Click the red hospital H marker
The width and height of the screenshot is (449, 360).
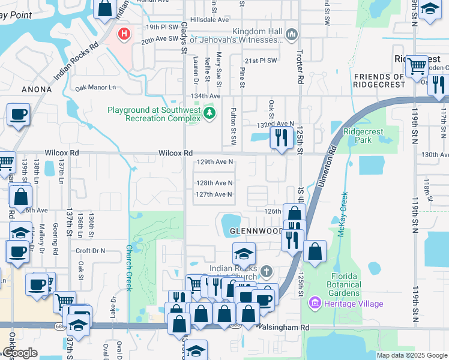click(x=124, y=34)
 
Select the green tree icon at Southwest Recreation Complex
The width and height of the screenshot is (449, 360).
click(x=209, y=112)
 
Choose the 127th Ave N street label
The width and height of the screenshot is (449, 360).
click(x=214, y=194)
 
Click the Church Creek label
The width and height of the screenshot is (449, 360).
click(x=129, y=268)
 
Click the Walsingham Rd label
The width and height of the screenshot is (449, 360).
click(x=282, y=328)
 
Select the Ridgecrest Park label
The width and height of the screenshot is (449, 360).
click(x=362, y=136)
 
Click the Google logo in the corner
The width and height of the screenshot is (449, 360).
click(x=19, y=353)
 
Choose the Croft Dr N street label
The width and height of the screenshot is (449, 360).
click(x=90, y=251)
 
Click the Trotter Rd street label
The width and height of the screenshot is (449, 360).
click(x=298, y=67)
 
